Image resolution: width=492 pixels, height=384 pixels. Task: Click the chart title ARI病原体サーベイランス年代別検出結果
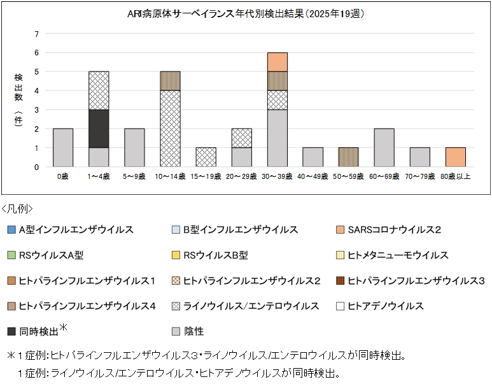pos(216,14)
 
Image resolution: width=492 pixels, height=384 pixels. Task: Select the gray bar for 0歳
pos(63,148)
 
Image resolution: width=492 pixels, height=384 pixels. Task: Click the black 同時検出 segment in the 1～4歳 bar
pos(99,129)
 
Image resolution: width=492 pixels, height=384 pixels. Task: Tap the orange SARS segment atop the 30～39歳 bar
pos(278,62)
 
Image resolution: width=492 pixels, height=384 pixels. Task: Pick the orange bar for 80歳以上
pos(456,157)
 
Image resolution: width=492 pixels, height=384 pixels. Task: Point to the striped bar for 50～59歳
pos(349,157)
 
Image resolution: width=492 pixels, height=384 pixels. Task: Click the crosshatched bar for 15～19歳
pos(206,157)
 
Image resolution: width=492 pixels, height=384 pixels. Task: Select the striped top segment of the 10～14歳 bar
pos(170,81)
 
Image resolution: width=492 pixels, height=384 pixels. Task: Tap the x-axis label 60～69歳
pos(384,176)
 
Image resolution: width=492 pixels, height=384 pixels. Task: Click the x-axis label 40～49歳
pos(313,176)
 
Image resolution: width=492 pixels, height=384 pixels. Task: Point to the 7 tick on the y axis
pos(37,34)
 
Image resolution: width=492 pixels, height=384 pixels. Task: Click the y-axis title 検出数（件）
pos(18,100)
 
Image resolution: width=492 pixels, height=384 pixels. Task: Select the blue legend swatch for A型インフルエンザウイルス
pos(11,229)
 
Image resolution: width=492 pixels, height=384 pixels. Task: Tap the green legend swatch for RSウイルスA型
pos(11,255)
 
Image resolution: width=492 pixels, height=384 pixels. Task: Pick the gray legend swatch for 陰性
pos(176,331)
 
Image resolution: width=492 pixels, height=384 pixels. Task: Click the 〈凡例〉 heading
pos(17,209)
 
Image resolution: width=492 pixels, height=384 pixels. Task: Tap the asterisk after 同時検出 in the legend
pos(63,327)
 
